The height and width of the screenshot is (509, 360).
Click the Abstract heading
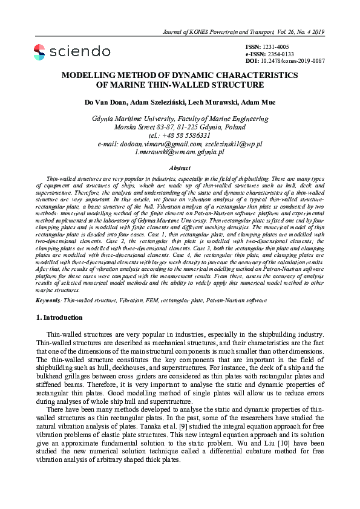(180, 167)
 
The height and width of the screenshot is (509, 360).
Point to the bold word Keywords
(48, 300)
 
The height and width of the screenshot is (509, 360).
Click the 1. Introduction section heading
(61, 317)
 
